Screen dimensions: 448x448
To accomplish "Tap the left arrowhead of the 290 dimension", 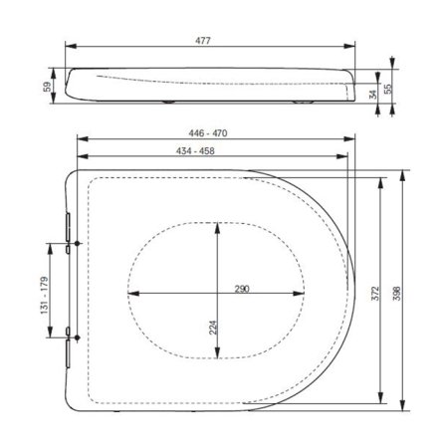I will tap(132, 294).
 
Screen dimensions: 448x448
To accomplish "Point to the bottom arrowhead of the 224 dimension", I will tap(217, 358).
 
